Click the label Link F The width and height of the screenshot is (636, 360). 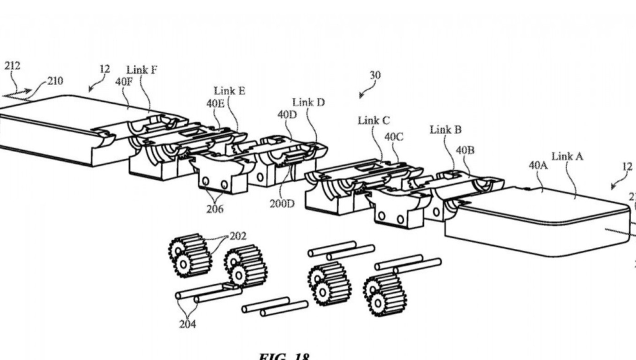coord(142,70)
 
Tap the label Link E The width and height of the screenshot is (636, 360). coord(229,91)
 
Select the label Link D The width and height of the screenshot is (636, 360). coord(308,102)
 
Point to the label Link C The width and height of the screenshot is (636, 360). coord(374,120)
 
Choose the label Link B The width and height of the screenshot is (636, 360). coord(445,130)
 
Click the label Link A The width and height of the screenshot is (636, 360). coord(567,156)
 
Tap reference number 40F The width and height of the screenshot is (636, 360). coord(124,81)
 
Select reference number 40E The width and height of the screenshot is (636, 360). coord(216,104)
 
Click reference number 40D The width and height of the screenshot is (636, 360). coord(287,115)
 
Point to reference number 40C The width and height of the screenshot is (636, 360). coord(394,137)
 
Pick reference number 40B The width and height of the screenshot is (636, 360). coord(466,150)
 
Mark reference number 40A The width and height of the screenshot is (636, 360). coord(538,165)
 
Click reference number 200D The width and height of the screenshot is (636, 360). coord(282,203)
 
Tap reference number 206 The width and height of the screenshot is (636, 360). coord(215,209)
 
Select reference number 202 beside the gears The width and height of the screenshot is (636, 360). coord(237,236)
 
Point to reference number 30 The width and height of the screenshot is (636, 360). coord(375,76)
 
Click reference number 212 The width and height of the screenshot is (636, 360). coord(12,66)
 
